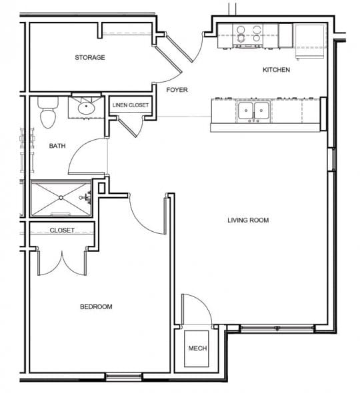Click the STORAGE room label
point(90,57)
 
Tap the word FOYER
point(177,89)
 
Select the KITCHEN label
point(276,70)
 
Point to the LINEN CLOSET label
point(131,105)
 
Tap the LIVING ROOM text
point(248,220)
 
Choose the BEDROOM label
point(96,307)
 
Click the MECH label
point(197,349)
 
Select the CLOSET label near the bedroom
point(61,230)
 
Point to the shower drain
point(62,197)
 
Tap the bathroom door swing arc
point(87,159)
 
